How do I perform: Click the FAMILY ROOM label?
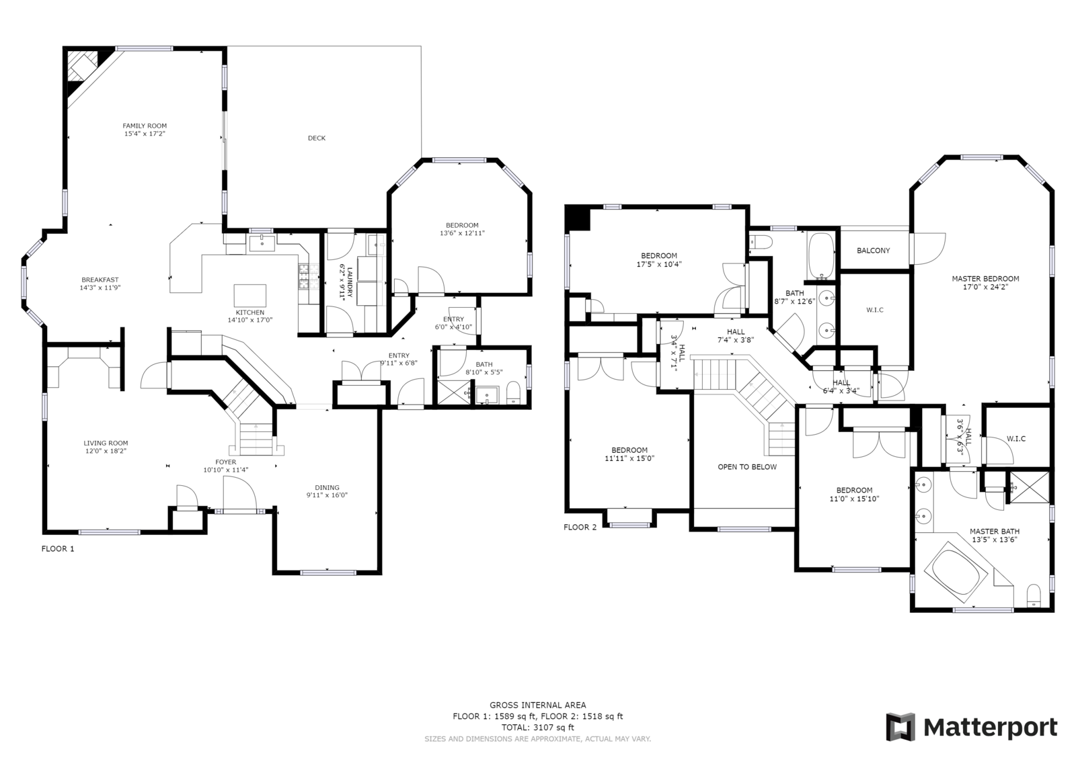point(145,126)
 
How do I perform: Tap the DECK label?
point(317,138)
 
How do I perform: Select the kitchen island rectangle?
point(249,295)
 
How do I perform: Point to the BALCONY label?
point(874,251)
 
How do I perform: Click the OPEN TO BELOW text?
point(747,467)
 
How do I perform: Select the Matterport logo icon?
point(900,727)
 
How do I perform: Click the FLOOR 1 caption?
point(58,549)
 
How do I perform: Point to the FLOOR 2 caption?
point(580,527)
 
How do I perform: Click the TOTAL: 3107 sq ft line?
point(537,727)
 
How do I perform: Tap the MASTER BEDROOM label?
point(985,279)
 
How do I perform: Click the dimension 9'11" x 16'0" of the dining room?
point(327,495)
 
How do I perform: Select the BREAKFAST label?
point(100,280)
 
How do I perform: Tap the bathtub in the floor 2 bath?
point(821,256)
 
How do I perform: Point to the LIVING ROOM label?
point(106,443)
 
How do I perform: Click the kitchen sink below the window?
point(262,243)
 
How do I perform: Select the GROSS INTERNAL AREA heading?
point(537,706)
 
